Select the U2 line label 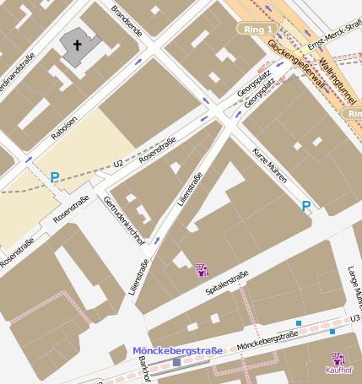[119, 162]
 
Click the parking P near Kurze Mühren [306, 205]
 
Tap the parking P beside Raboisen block [55, 177]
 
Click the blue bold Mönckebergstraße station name [177, 350]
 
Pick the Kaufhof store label [338, 370]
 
